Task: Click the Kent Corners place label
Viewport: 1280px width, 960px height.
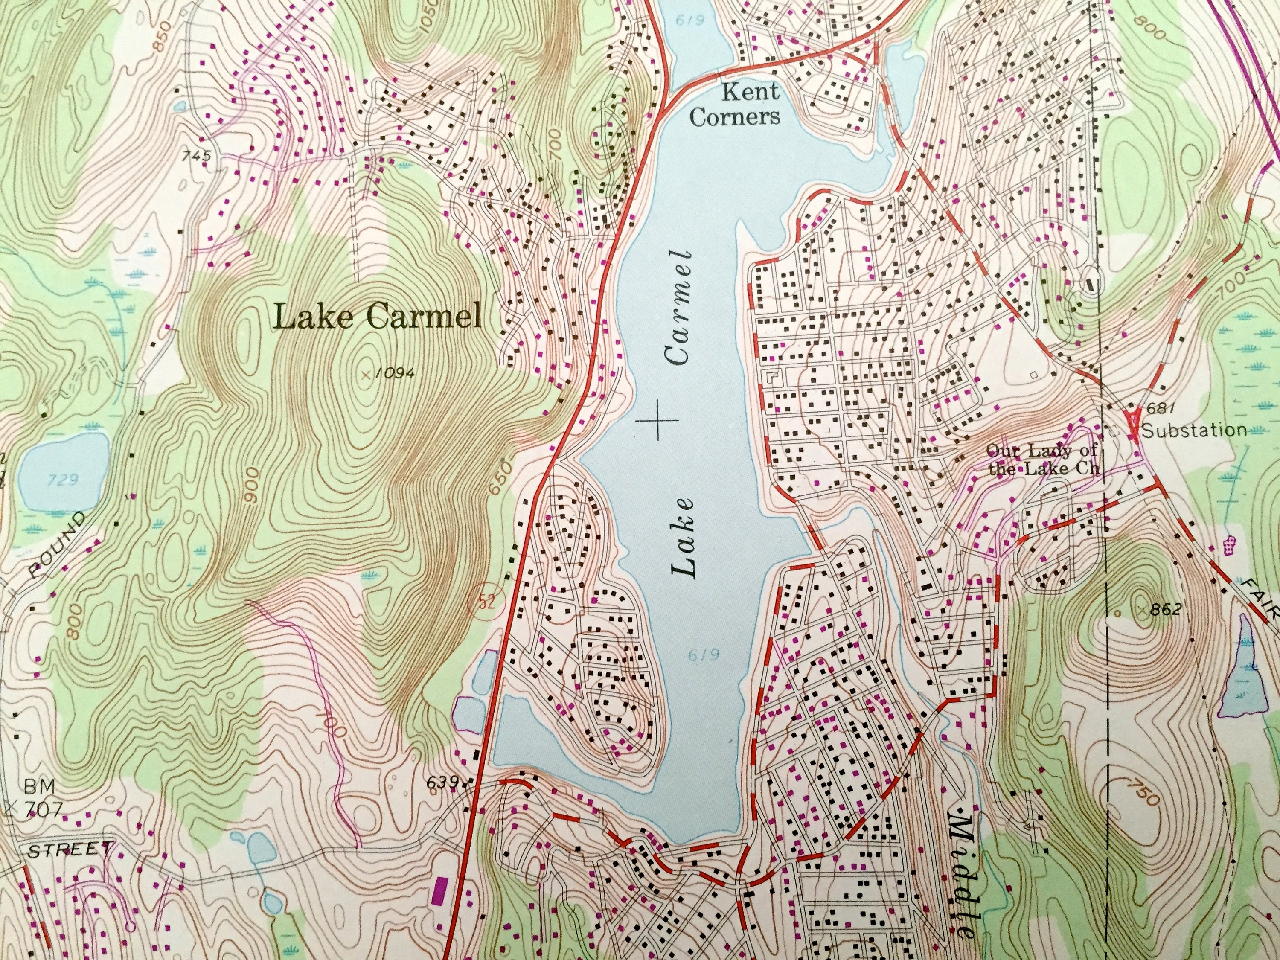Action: point(734,105)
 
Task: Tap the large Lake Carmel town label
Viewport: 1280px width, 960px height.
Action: point(378,317)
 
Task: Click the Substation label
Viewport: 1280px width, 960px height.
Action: point(1194,430)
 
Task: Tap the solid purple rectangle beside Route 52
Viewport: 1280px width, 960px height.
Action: point(440,906)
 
